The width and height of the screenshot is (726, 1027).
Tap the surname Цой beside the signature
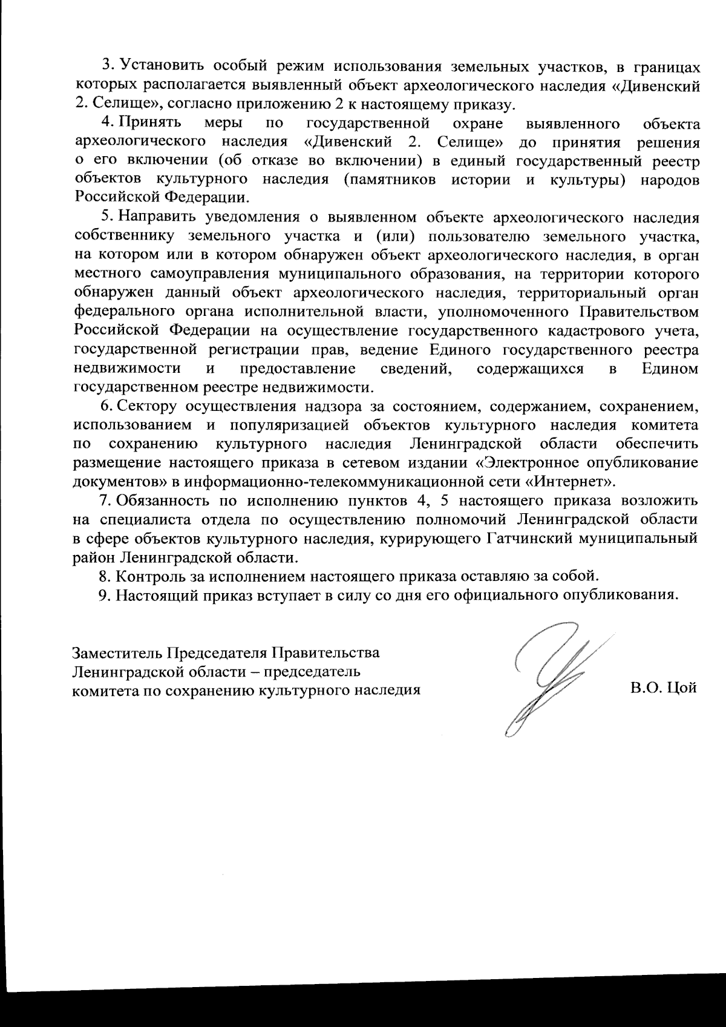[682, 688]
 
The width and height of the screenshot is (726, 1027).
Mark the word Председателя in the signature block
[217, 654]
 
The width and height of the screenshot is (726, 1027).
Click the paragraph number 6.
[104, 405]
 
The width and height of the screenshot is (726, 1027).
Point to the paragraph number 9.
[103, 594]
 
